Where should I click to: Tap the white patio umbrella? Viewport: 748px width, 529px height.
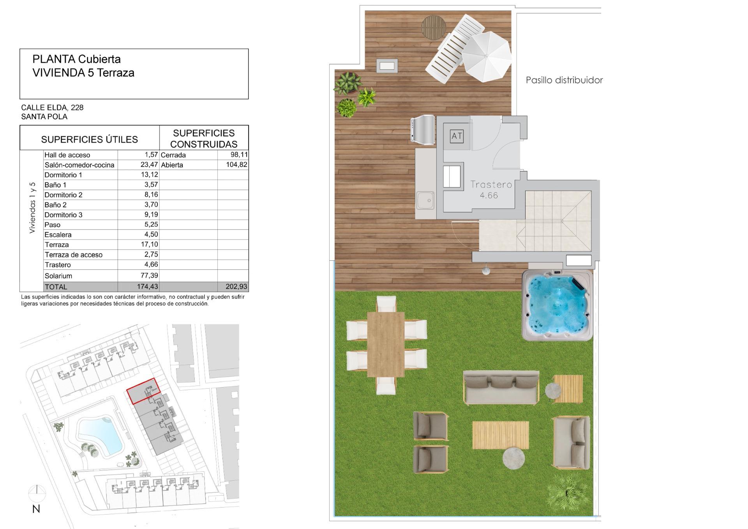486,57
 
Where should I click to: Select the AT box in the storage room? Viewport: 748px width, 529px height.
457,136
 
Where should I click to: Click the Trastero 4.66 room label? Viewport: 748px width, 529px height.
491,189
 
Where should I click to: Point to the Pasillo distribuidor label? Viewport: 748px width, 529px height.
564,80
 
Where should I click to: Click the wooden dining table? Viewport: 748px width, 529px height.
386,344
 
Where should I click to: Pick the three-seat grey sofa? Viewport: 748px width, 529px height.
501,387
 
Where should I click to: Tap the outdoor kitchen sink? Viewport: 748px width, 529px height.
425,201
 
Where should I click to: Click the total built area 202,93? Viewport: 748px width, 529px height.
236,287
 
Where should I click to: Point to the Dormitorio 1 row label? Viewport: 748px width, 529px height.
64,175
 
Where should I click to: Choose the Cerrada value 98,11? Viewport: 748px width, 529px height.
239,155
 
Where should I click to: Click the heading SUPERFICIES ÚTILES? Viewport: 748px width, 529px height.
89,139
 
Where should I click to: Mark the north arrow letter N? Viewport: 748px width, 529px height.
36,509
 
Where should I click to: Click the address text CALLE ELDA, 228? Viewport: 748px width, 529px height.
52,108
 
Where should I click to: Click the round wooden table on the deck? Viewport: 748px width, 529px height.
433,27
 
